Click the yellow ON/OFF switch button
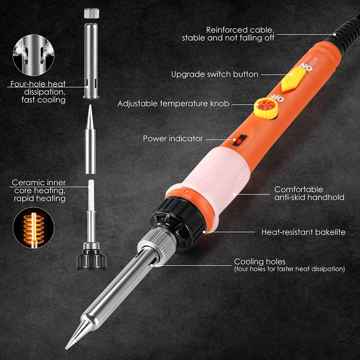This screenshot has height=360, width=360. pyautogui.click(x=293, y=79)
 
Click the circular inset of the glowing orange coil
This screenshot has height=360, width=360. pyautogui.click(x=33, y=228)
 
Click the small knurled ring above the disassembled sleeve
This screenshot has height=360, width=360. pyautogui.click(x=91, y=13)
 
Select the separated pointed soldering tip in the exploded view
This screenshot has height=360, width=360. pyautogui.click(x=90, y=141)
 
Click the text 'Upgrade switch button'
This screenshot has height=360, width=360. pyautogui.click(x=214, y=75)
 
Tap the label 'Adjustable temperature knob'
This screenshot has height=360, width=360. pyautogui.click(x=173, y=104)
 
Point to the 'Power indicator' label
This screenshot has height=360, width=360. pyautogui.click(x=173, y=139)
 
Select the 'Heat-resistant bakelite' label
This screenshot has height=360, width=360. pyautogui.click(x=303, y=232)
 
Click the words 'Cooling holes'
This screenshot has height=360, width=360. pyautogui.click(x=260, y=262)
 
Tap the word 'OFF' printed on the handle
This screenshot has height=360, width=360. pyautogui.click(x=276, y=97)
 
